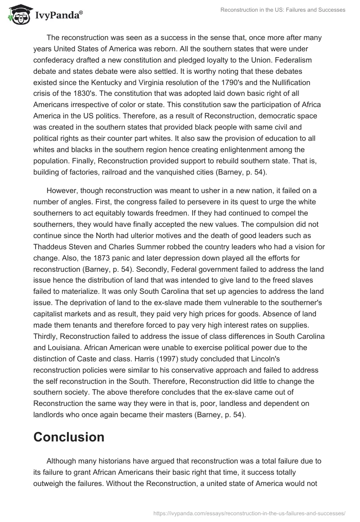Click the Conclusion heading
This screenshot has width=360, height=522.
click(x=69, y=436)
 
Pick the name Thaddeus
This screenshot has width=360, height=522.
click(x=52, y=247)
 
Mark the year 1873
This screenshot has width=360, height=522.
click(x=82, y=258)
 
